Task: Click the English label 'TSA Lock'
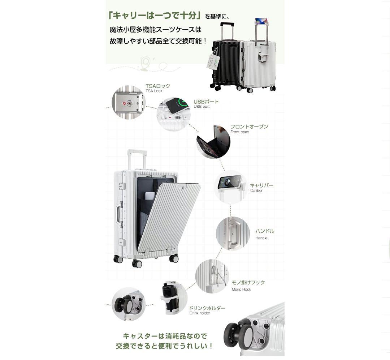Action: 154,91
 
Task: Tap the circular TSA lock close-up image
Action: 127,102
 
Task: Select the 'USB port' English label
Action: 201,107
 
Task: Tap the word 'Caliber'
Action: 256,190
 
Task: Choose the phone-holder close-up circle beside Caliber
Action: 230,186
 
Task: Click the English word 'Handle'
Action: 261,238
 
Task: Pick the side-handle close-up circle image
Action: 233,233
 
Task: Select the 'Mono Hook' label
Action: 241,290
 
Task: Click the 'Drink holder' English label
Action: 200,313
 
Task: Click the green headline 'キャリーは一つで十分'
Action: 155,16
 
